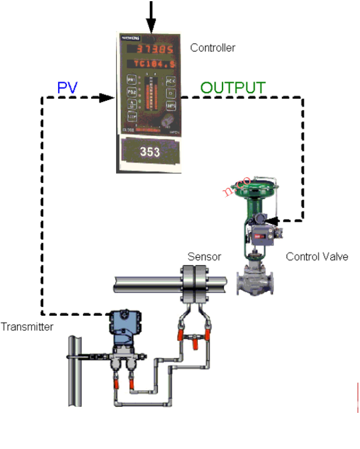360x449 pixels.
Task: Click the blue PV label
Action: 67,88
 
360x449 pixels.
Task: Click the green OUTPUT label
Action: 232,88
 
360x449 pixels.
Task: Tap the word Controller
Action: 213,48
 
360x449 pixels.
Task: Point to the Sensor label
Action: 204,256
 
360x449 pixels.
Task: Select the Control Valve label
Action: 317,256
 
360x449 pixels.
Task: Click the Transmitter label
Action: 27,326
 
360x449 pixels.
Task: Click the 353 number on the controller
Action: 150,152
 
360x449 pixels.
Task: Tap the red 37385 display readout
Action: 151,49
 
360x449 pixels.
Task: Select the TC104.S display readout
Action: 152,63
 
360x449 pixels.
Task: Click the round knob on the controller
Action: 165,121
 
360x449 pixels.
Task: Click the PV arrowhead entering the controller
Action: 107,98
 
